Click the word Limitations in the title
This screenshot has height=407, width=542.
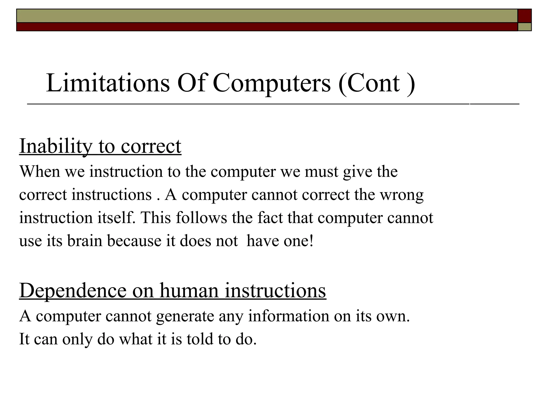pos(108,83)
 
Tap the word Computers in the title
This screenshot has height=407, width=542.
pos(272,84)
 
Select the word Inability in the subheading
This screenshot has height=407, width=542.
pos(56,146)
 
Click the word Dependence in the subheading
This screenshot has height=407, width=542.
pos(73,291)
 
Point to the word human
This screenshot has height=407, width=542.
pos(189,291)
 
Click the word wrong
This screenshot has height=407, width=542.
pos(401,195)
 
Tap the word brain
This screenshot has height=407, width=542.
pos(84,241)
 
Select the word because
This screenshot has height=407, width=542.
pos(134,241)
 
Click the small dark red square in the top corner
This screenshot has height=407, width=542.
pos(525,16)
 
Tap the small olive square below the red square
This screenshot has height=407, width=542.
pos(525,27)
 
